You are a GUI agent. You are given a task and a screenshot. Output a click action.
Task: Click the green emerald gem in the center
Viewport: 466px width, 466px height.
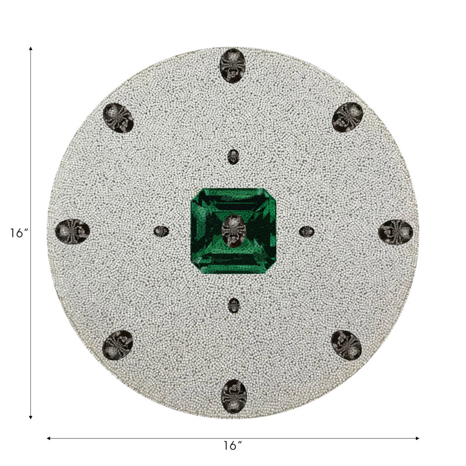coord(234,231)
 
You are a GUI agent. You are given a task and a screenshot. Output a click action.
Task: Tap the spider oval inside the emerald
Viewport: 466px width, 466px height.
coord(234,231)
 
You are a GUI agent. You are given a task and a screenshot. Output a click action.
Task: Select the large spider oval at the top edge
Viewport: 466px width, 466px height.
coord(232,66)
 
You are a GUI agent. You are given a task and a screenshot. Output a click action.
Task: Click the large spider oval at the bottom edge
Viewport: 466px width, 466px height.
coord(234,396)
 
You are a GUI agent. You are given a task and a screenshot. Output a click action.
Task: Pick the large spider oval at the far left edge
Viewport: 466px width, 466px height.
coord(72,231)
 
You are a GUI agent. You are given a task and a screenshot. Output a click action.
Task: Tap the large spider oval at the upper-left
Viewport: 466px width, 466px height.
coord(118,118)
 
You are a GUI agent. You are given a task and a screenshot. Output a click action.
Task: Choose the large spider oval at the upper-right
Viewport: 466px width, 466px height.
coord(347,117)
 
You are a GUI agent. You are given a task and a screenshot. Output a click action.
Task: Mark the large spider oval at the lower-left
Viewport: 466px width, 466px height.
coord(118,345)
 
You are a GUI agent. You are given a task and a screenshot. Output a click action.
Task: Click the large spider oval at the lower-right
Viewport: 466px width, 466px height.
coord(346,345)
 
